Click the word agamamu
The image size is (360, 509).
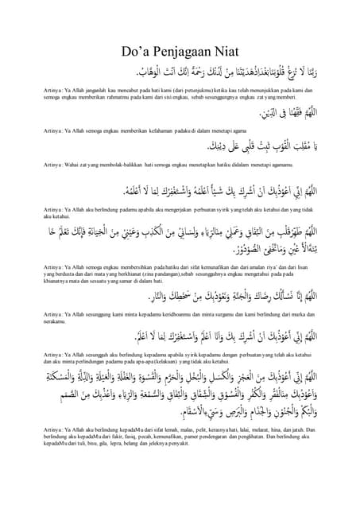click(300, 167)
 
